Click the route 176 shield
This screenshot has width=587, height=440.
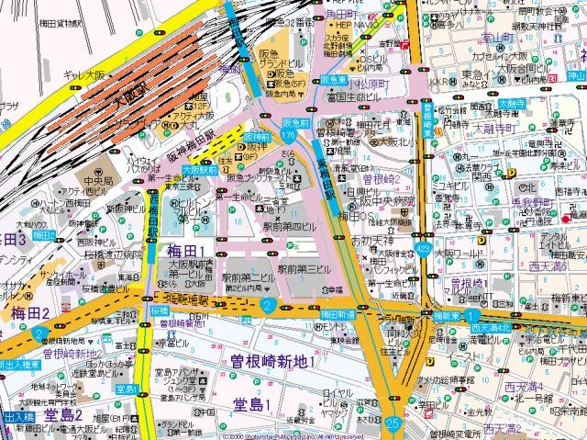(x=289, y=135)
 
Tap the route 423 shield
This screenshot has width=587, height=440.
(x=423, y=248)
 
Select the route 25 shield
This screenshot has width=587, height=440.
(x=393, y=423)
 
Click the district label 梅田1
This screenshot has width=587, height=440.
(x=186, y=251)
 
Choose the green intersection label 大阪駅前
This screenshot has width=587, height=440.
(x=198, y=170)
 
